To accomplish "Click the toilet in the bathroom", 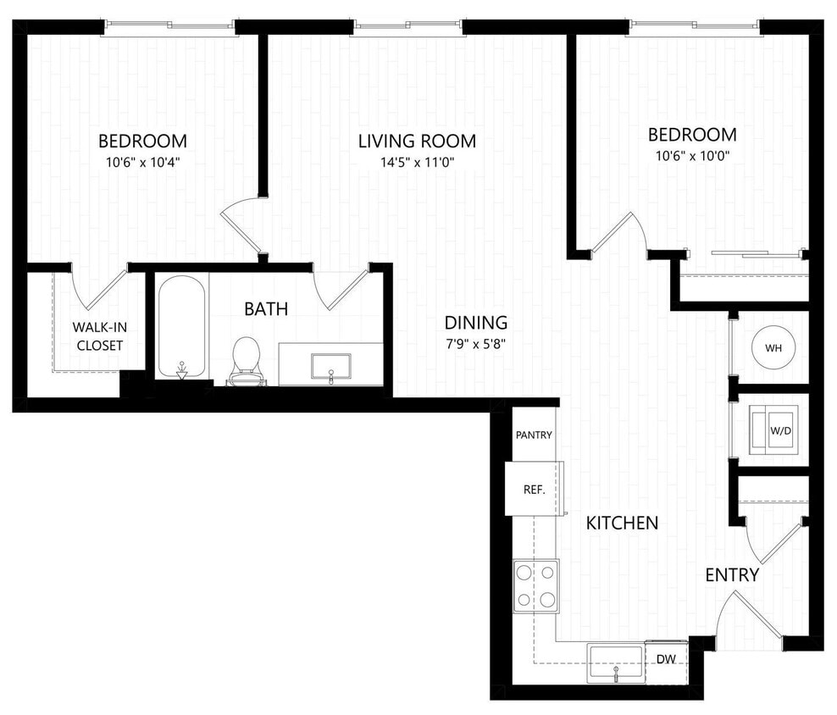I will point(246,359).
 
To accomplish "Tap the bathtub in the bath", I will point(181,326).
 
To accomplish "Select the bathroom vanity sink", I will point(330,366).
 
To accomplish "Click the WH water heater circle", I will point(773,348).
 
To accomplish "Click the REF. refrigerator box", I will point(533,490).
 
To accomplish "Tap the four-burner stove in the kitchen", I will point(535,586).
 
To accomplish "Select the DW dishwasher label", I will point(666,658).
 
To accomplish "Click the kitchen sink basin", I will point(616,661).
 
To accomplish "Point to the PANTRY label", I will point(534,435).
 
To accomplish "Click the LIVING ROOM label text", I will point(416,141).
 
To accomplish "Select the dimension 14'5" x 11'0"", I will point(417,163).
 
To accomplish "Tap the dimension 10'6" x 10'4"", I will point(142,162).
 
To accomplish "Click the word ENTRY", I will point(732,575).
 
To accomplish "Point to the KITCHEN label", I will point(622,523).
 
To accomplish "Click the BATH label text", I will point(266,309).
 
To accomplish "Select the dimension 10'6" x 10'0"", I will point(692,156).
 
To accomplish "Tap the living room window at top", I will point(408,28).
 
